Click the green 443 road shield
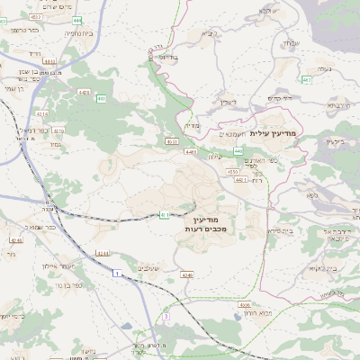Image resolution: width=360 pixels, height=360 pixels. point(238,150)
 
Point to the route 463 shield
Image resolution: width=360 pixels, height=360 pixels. point(308,79)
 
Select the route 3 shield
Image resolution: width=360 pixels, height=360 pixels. point(167,316)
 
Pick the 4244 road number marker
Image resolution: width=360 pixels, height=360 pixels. point(103,253)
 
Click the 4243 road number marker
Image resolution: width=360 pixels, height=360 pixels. point(15,240)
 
